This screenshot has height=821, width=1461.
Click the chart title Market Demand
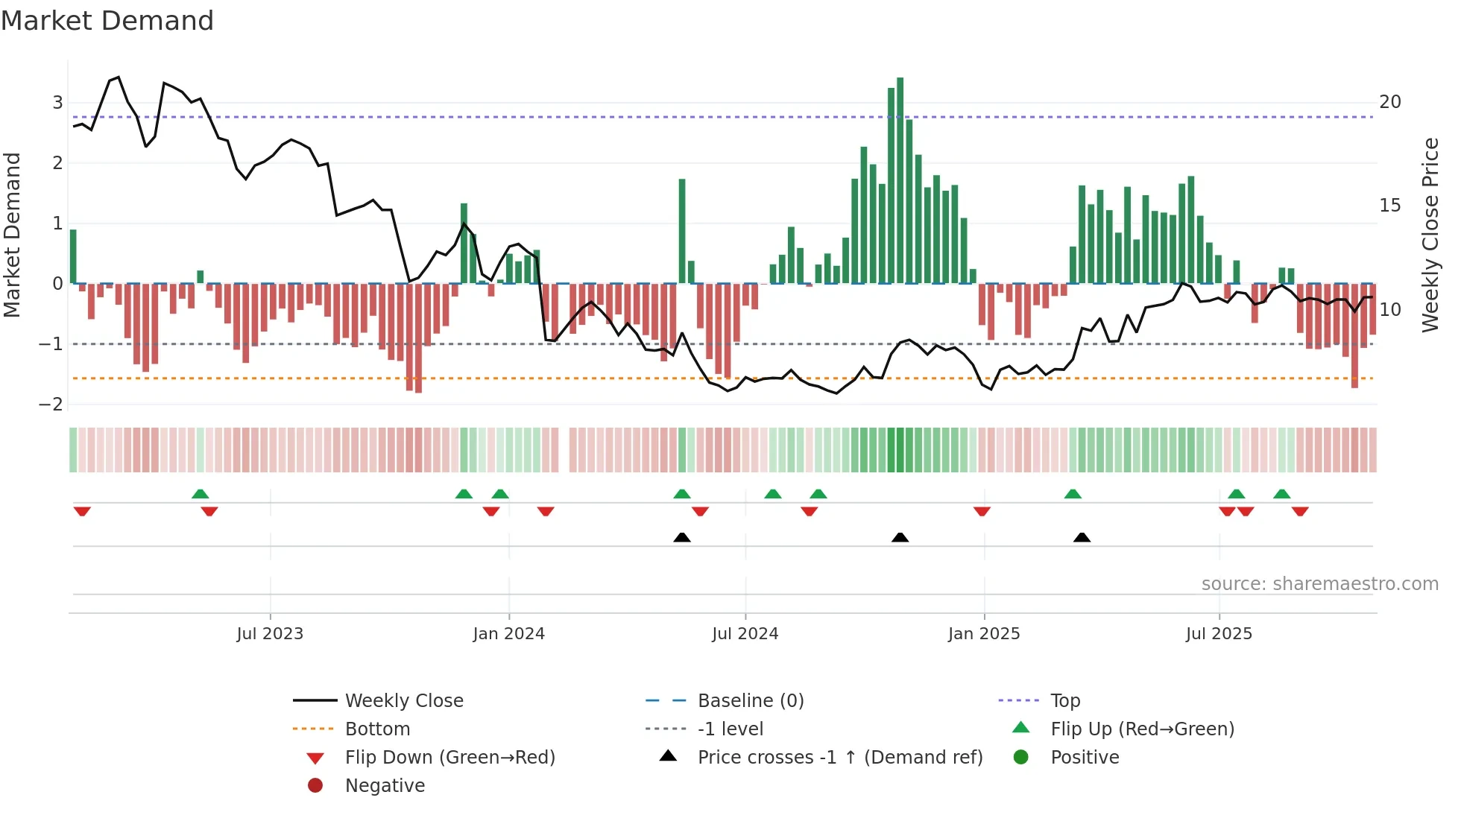[x=107, y=21]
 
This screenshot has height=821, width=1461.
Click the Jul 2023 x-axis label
[x=270, y=634]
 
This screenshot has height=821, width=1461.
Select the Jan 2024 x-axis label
[x=508, y=634]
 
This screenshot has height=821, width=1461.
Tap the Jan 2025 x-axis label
[x=983, y=634]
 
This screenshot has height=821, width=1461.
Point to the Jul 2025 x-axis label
[x=1219, y=634]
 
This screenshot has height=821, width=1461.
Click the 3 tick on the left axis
[x=57, y=103]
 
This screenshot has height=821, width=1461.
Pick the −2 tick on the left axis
[x=51, y=405]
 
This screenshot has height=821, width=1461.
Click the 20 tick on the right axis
[x=1389, y=102]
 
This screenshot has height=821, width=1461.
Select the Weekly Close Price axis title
[x=1430, y=235]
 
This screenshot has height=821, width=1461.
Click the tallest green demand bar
[x=900, y=179]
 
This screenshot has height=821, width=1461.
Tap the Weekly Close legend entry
[x=403, y=701]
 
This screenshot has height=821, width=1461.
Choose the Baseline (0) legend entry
[x=750, y=701]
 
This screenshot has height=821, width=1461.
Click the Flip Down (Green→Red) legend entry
[x=449, y=758]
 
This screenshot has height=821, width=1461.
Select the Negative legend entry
[x=385, y=786]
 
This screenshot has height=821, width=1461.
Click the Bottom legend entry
[x=377, y=729]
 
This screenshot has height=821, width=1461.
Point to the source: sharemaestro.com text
[x=1319, y=584]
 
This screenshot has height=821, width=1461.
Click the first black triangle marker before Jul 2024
[x=681, y=537]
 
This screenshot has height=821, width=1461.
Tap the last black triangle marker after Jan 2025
[x=1082, y=537]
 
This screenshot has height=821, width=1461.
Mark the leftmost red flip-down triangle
[x=82, y=511]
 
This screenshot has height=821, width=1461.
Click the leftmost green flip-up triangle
[x=200, y=494]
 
